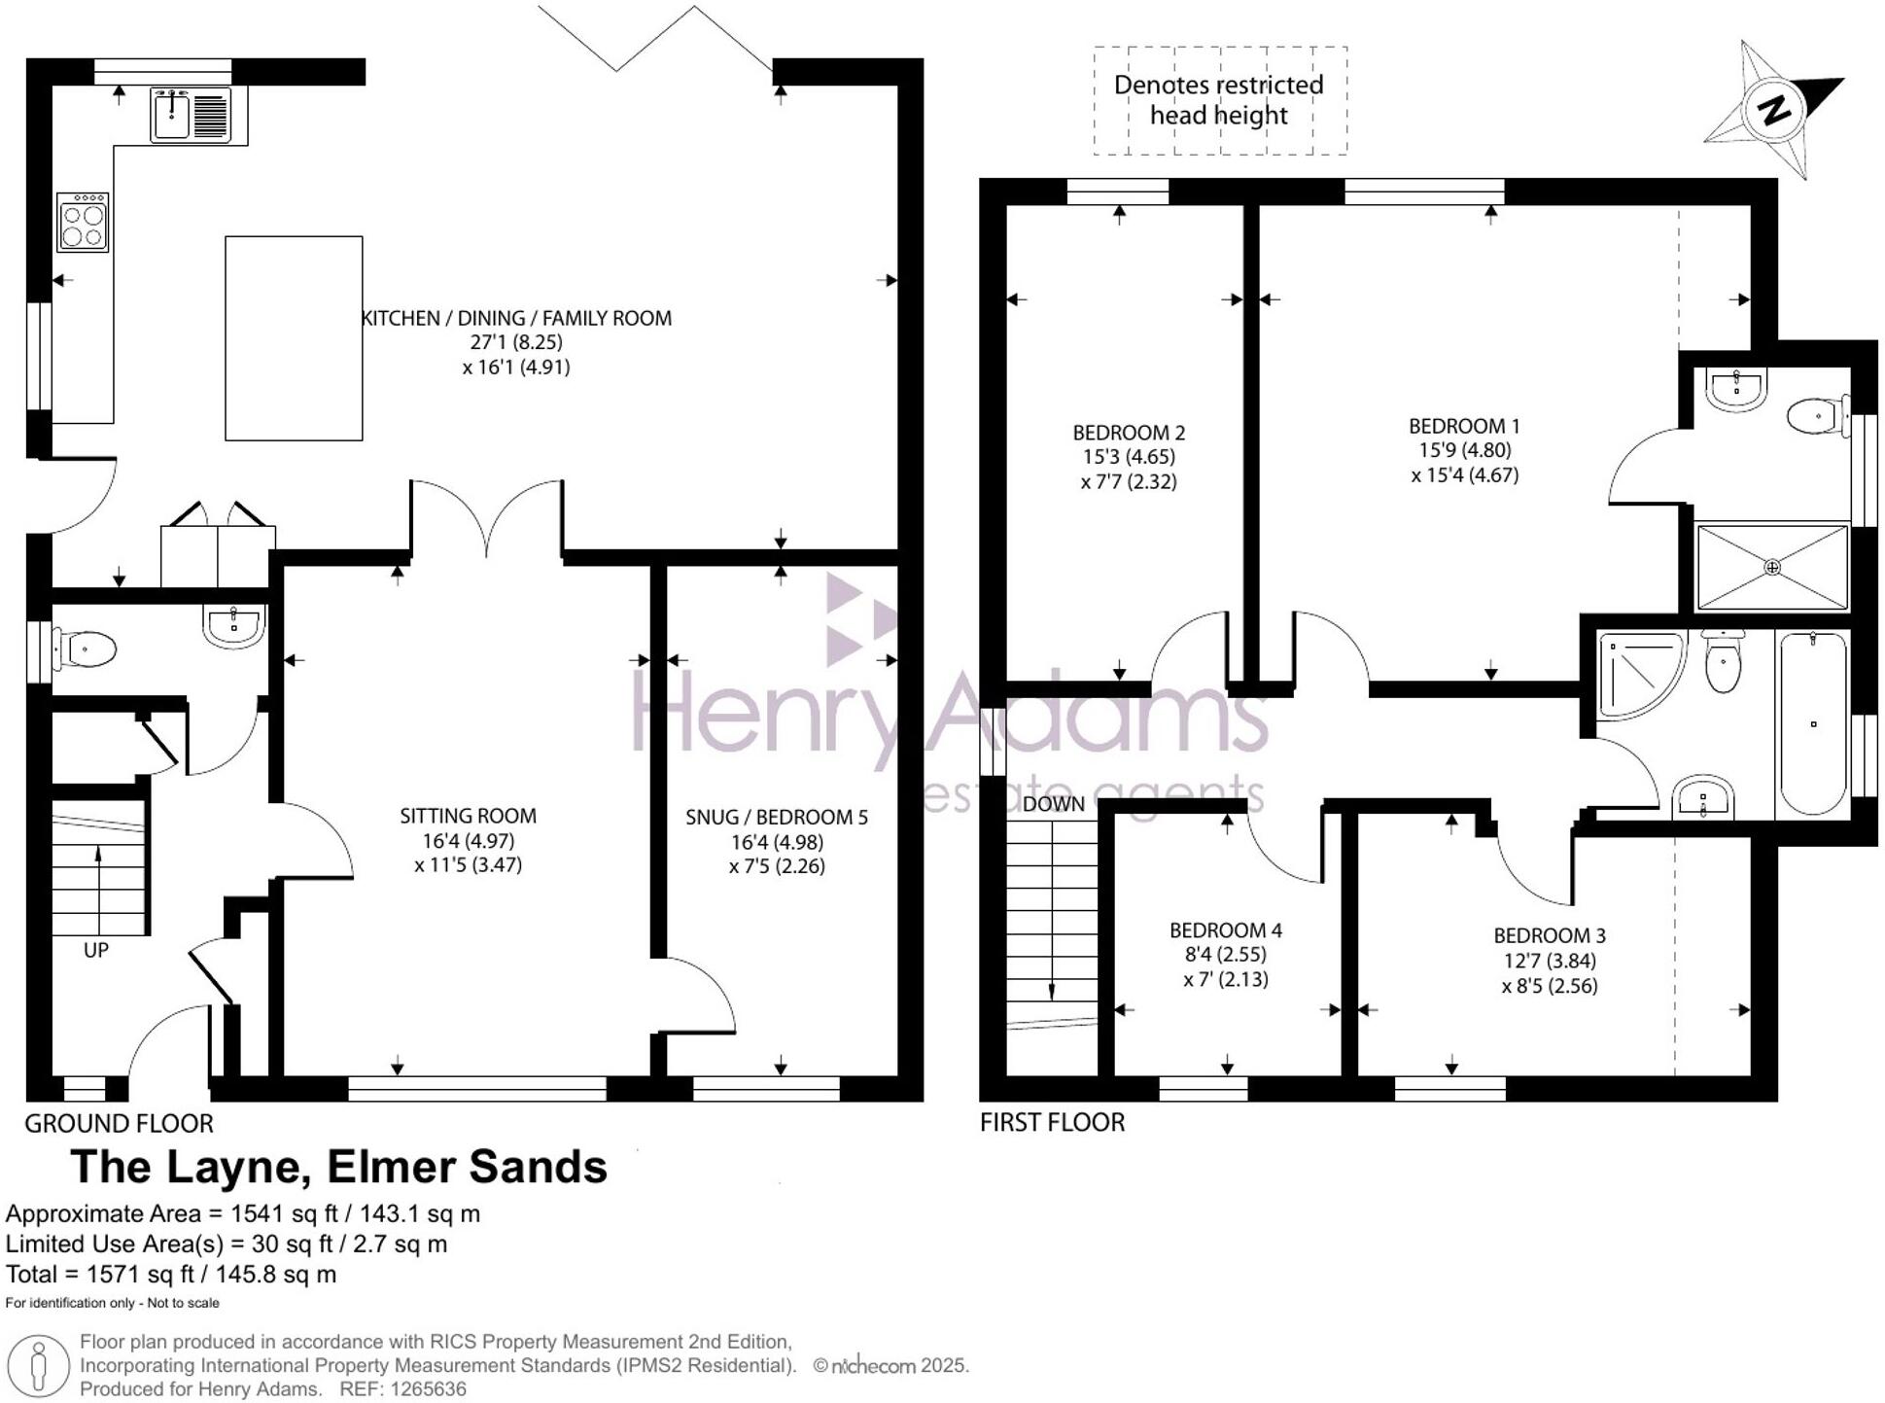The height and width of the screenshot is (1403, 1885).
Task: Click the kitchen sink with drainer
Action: tap(192, 115)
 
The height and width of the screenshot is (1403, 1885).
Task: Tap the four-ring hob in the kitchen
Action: tap(83, 223)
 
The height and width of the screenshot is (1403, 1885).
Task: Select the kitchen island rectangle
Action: tap(294, 338)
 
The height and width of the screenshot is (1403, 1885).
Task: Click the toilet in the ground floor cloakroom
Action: tap(86, 649)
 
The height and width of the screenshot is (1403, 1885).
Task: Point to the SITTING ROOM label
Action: tap(468, 816)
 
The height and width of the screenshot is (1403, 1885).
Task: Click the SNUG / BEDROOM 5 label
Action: tap(776, 817)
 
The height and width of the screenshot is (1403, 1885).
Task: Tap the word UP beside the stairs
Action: tap(95, 950)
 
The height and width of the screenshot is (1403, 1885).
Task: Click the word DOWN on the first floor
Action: tap(1053, 804)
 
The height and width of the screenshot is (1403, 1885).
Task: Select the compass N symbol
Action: tap(1774, 109)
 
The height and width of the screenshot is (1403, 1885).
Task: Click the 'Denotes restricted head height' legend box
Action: tap(1219, 100)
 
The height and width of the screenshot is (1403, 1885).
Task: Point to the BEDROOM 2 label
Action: tap(1128, 433)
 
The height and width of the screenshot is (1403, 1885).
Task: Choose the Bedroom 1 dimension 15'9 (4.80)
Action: tap(1464, 450)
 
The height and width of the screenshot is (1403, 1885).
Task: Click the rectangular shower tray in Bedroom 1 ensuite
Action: tap(1771, 567)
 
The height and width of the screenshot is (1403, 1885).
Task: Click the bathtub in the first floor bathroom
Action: tap(1812, 723)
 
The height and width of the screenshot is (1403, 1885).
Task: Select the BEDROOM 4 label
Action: tap(1225, 930)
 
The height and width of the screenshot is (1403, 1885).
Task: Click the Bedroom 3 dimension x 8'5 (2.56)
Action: tap(1549, 986)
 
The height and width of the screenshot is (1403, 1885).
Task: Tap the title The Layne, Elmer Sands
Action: tap(338, 1167)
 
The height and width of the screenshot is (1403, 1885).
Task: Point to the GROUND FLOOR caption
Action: tap(119, 1123)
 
